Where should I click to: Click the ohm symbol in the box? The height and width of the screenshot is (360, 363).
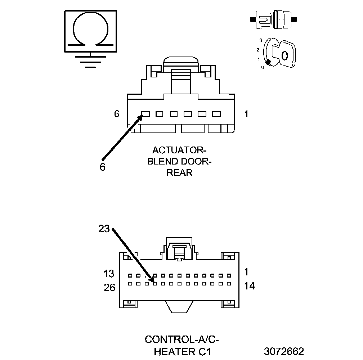pyautogui.click(x=90, y=31)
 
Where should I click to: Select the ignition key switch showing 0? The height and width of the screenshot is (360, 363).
pyautogui.click(x=279, y=54)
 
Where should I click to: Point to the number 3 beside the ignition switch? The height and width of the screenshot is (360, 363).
pyautogui.click(x=260, y=40)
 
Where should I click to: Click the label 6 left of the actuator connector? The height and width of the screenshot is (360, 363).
pyautogui.click(x=116, y=114)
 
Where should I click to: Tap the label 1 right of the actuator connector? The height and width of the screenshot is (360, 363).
pyautogui.click(x=246, y=114)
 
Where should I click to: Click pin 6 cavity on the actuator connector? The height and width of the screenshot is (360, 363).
pyautogui.click(x=145, y=114)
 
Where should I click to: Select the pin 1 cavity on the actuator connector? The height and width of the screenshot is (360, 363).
pyautogui.click(x=216, y=114)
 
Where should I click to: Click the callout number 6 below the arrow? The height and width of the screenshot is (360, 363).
pyautogui.click(x=103, y=167)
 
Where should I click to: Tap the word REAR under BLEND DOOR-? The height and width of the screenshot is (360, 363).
pyautogui.click(x=180, y=173)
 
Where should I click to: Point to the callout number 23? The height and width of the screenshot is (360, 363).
pyautogui.click(x=104, y=229)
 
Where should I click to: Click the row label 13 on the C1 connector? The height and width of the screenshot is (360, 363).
pyautogui.click(x=109, y=274)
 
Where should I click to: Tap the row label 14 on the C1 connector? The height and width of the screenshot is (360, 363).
pyautogui.click(x=249, y=286)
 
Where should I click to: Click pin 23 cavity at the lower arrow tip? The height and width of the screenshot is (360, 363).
pyautogui.click(x=154, y=283)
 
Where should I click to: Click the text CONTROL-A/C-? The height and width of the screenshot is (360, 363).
pyautogui.click(x=182, y=339)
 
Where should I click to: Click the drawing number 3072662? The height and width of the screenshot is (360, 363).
pyautogui.click(x=284, y=351)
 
